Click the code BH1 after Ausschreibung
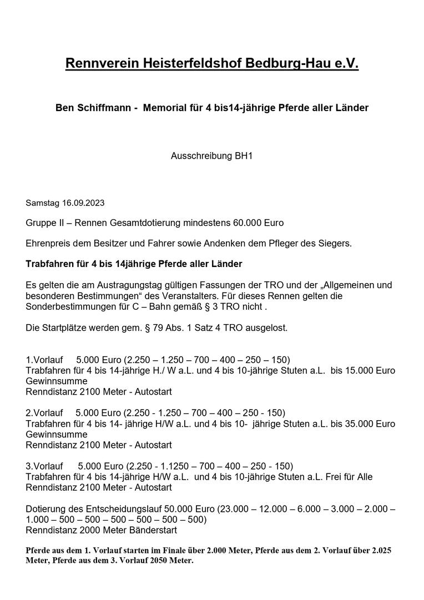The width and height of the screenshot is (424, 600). (x=244, y=156)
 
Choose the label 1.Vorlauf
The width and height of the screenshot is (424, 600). (x=44, y=360)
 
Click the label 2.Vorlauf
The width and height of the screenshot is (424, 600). (x=44, y=413)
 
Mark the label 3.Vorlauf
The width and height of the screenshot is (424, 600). (x=44, y=466)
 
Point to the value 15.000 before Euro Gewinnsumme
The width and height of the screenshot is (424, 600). (x=365, y=370)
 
